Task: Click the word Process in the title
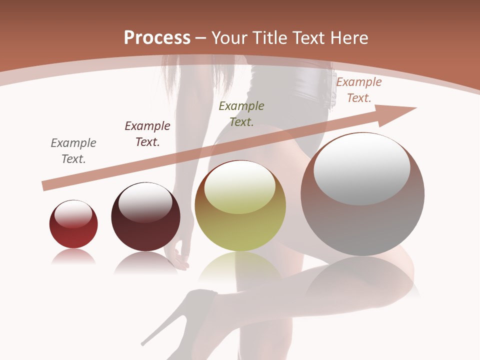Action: [157, 38]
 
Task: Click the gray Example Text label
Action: [73, 150]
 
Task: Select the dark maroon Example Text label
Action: [147, 133]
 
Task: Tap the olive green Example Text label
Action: [241, 113]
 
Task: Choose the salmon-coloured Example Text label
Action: [358, 90]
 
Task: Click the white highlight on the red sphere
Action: [73, 214]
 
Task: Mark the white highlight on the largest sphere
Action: [362, 169]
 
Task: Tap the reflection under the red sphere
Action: [73, 257]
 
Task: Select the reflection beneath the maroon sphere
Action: [145, 263]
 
